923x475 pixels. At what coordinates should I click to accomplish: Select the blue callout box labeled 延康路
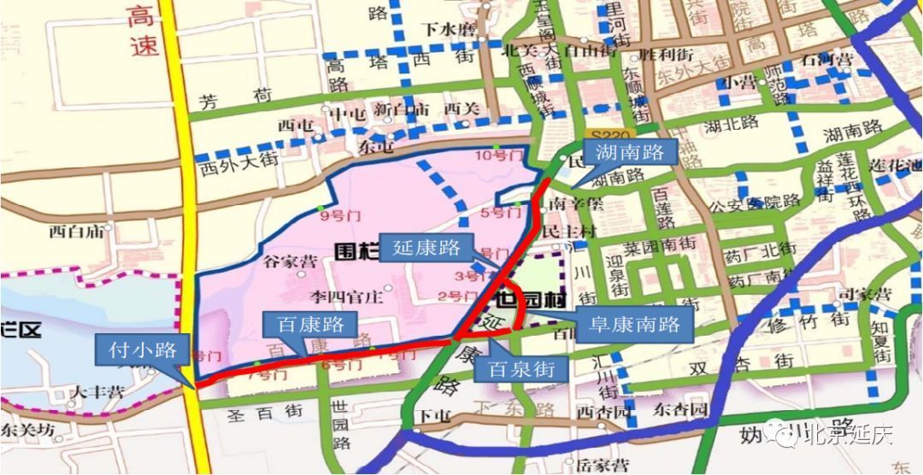pos(426,249)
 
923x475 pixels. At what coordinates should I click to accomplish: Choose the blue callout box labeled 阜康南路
pos(635,325)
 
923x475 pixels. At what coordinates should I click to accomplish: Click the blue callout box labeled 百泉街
pos(527,370)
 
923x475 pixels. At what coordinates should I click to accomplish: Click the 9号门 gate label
pos(336,216)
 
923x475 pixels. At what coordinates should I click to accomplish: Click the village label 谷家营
pos(291,262)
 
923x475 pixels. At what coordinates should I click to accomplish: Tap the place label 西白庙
pos(77,231)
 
